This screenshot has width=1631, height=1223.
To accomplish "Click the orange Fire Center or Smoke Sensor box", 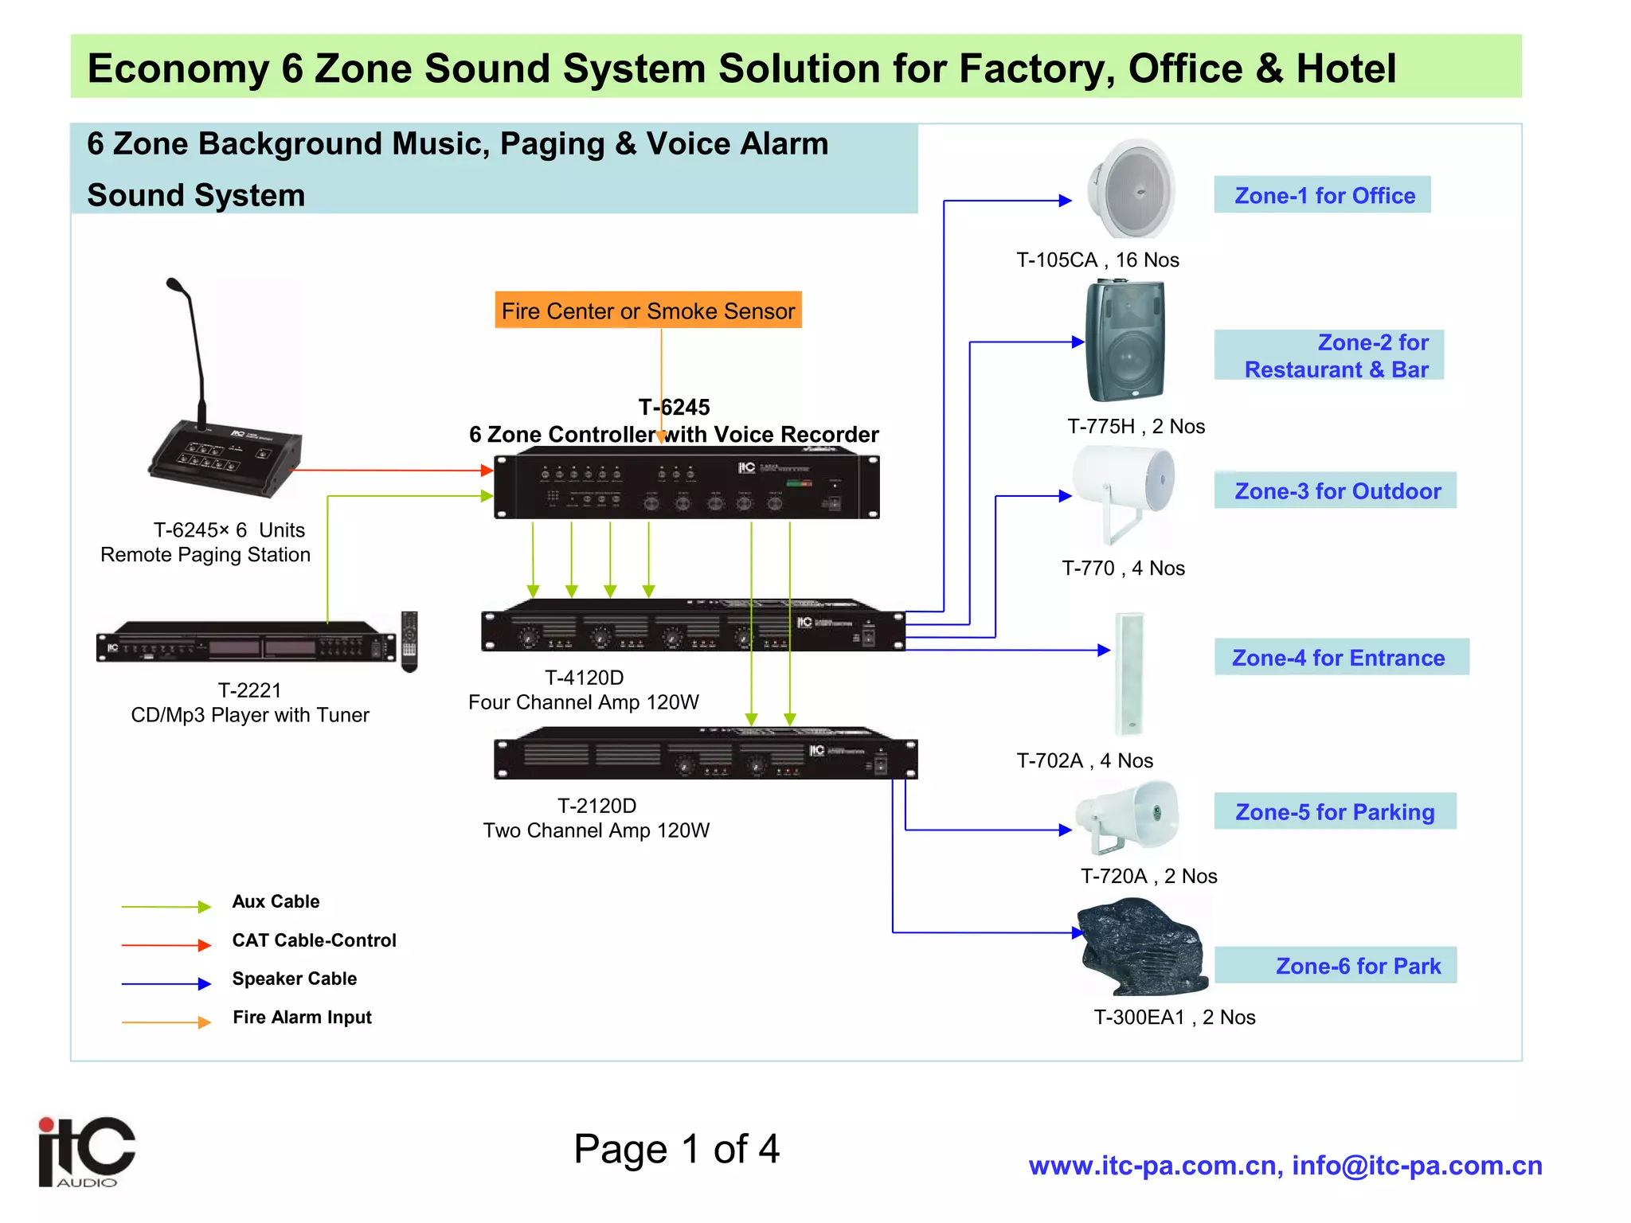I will (647, 311).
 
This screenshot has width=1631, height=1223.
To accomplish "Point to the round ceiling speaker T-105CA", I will (1131, 190).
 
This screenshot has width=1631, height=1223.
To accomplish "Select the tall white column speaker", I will (1129, 674).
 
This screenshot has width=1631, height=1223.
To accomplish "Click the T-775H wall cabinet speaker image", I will (1125, 341).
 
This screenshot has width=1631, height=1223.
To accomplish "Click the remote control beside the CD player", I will (409, 641).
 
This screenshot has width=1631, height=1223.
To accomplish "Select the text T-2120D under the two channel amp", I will (596, 806).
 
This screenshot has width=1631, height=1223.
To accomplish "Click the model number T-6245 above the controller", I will (674, 407).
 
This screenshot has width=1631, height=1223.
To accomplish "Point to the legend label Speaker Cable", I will (294, 979).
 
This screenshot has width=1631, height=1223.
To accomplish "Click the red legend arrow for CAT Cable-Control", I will (166, 945).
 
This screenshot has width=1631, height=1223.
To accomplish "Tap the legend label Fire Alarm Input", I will (302, 1017).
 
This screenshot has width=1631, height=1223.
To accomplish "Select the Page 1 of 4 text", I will (676, 1149).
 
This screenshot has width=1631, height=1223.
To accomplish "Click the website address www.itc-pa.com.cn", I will (1155, 1166).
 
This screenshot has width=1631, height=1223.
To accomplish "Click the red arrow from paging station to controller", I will (390, 471).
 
